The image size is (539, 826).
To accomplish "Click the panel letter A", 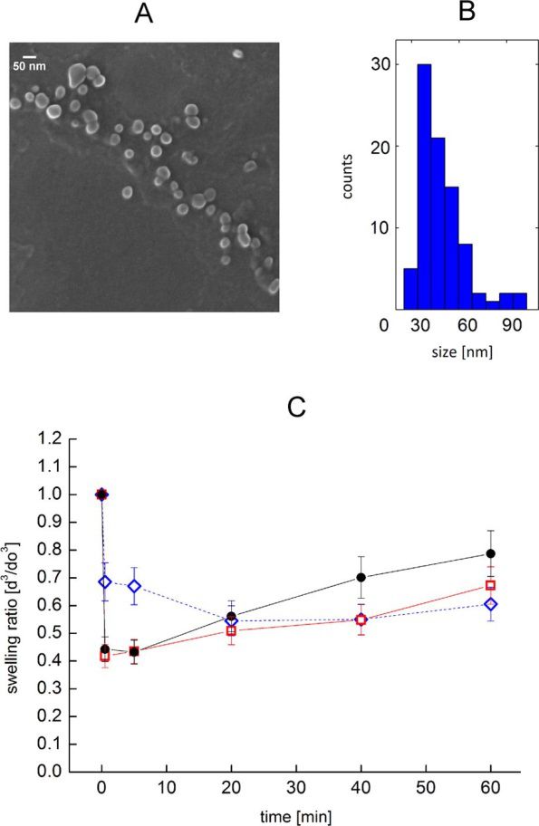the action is click(144, 14).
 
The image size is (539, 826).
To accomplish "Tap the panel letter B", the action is click(467, 12).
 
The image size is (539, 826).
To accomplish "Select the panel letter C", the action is click(297, 408).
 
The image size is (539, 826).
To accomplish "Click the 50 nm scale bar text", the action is click(30, 66).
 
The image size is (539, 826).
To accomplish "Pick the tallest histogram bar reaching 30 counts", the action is click(424, 187).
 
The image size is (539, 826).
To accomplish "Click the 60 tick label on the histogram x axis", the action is click(467, 325).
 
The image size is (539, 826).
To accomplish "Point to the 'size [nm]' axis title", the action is click(462, 351).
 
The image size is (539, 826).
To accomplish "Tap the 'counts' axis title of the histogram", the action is click(347, 177).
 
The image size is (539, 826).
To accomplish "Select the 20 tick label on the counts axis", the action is click(380, 146).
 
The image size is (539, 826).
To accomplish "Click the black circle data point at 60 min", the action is click(490, 553).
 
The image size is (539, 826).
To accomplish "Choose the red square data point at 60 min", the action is click(490, 585).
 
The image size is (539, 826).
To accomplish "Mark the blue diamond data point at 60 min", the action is click(490, 604).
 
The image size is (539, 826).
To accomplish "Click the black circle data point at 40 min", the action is click(361, 577).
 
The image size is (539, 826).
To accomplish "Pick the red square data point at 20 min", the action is click(231, 630).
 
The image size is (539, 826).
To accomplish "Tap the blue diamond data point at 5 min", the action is click(134, 586).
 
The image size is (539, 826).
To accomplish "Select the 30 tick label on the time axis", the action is click(296, 788).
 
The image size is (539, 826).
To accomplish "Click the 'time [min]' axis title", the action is click(296, 816).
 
